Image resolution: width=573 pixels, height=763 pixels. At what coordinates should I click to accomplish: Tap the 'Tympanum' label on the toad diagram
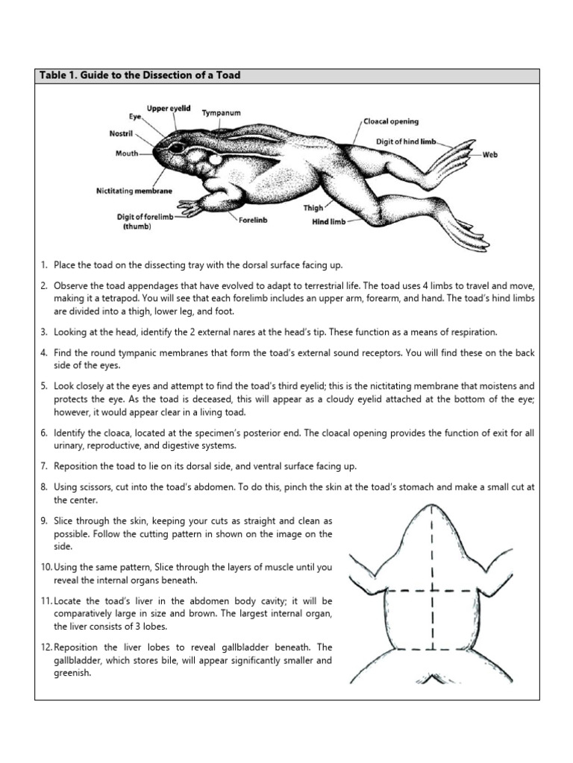click(x=222, y=113)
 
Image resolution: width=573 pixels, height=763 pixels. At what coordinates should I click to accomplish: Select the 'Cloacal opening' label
click(x=391, y=121)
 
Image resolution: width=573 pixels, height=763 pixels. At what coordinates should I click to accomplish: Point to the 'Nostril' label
click(x=122, y=134)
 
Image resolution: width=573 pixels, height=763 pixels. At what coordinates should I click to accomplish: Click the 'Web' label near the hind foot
click(x=489, y=155)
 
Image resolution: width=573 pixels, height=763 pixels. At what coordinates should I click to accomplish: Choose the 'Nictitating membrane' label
click(x=134, y=191)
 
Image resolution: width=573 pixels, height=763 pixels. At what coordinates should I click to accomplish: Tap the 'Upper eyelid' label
click(x=169, y=109)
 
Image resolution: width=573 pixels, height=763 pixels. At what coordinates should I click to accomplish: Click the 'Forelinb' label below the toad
click(x=254, y=221)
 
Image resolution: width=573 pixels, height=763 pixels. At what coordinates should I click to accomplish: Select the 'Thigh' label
click(x=313, y=208)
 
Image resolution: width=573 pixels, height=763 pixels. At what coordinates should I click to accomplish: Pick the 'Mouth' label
click(x=127, y=153)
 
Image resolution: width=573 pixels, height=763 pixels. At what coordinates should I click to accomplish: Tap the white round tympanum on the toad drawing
click(x=216, y=159)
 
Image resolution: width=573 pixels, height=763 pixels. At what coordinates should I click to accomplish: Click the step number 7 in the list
click(x=44, y=466)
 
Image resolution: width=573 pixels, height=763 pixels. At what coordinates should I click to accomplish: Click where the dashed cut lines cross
click(x=431, y=592)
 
